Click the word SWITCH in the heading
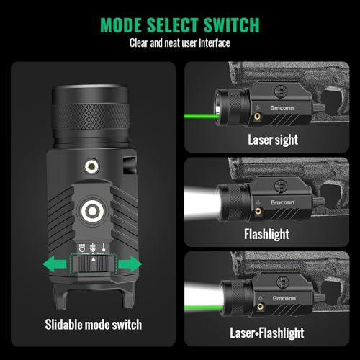pyautogui.click(x=228, y=25)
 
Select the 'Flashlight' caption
pyautogui.click(x=266, y=234)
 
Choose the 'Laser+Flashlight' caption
pyautogui.click(x=266, y=333)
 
